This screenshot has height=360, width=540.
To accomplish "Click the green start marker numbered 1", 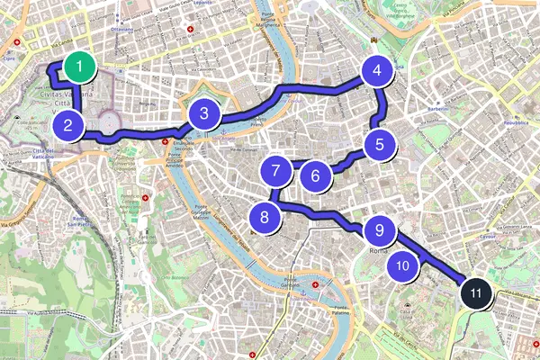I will pyautogui.click(x=80, y=66).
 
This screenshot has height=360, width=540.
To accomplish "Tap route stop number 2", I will pyautogui.click(x=68, y=126).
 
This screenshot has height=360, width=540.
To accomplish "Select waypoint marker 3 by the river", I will pyautogui.click(x=205, y=114).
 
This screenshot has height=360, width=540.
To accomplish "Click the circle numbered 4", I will pyautogui.click(x=377, y=70).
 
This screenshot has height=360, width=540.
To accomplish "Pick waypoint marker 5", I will pyautogui.click(x=380, y=142).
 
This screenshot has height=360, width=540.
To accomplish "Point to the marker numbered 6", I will pyautogui.click(x=315, y=175).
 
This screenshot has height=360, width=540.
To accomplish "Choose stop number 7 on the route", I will pyautogui.click(x=276, y=168).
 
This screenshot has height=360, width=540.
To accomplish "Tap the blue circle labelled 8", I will pyautogui.click(x=264, y=216).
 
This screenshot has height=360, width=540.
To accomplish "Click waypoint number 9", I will pyautogui.click(x=380, y=230).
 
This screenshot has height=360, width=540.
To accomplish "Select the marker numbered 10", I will pyautogui.click(x=402, y=265).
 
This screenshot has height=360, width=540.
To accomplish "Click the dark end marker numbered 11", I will pyautogui.click(x=476, y=292).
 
